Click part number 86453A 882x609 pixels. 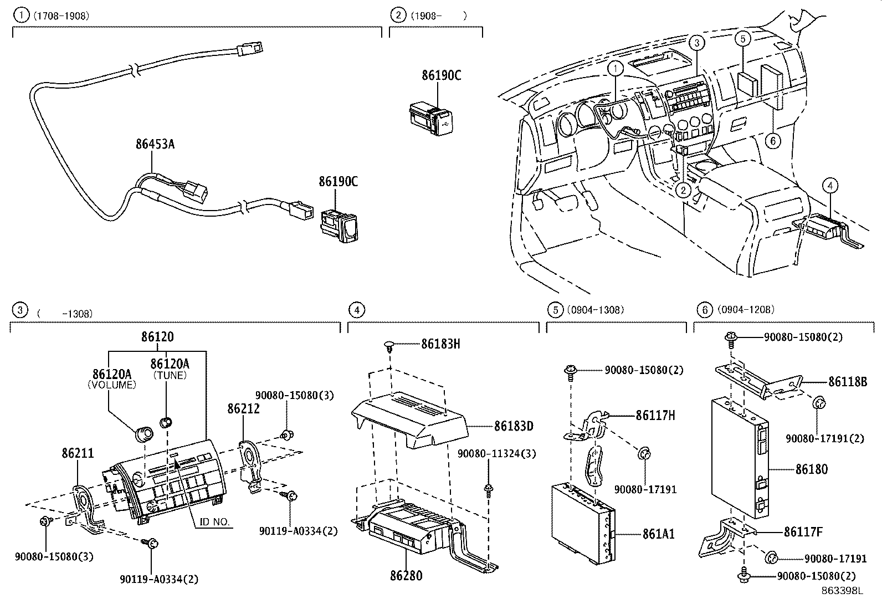(155, 145)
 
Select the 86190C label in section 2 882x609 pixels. (441, 75)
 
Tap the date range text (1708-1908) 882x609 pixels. (61, 16)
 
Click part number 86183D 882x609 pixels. (514, 427)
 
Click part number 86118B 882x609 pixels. (847, 382)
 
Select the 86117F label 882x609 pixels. (803, 533)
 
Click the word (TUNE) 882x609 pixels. (169, 375)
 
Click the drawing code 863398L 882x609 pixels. (842, 591)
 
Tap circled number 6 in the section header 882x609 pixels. (704, 310)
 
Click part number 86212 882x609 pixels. (243, 409)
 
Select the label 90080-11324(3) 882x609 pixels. (496, 454)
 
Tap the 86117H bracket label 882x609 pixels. (655, 415)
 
